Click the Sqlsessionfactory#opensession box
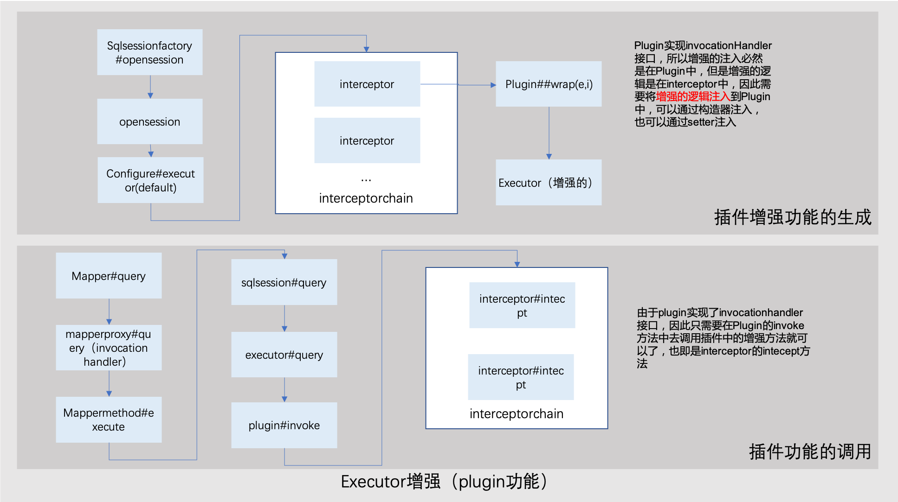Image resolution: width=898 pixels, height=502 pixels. pos(149,52)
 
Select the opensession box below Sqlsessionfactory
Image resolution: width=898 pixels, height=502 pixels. pos(149,121)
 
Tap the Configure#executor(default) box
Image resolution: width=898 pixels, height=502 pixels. pos(150,180)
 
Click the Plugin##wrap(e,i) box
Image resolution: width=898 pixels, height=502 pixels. pos(549,84)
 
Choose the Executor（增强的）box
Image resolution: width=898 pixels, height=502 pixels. pos(549,183)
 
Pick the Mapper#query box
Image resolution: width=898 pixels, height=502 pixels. pos(109,276)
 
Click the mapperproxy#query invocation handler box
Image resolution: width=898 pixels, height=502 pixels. pos(109,348)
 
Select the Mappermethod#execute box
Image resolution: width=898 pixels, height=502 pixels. pos(109,419)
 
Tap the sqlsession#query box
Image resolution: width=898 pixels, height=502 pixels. pos(284,282)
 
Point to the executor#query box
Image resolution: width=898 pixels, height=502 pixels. pos(284,355)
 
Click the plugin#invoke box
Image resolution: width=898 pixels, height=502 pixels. pos(284,425)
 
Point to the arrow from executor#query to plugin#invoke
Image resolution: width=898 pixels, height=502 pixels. pos(284,390)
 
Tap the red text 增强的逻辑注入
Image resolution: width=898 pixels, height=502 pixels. pos(693,96)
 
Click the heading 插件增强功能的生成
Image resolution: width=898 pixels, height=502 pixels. pos(793,217)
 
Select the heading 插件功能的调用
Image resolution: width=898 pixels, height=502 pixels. pos(810,451)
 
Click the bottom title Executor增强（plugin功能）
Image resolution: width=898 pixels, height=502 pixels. pos(444,482)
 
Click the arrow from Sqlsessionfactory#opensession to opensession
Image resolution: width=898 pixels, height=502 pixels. pos(150,87)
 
